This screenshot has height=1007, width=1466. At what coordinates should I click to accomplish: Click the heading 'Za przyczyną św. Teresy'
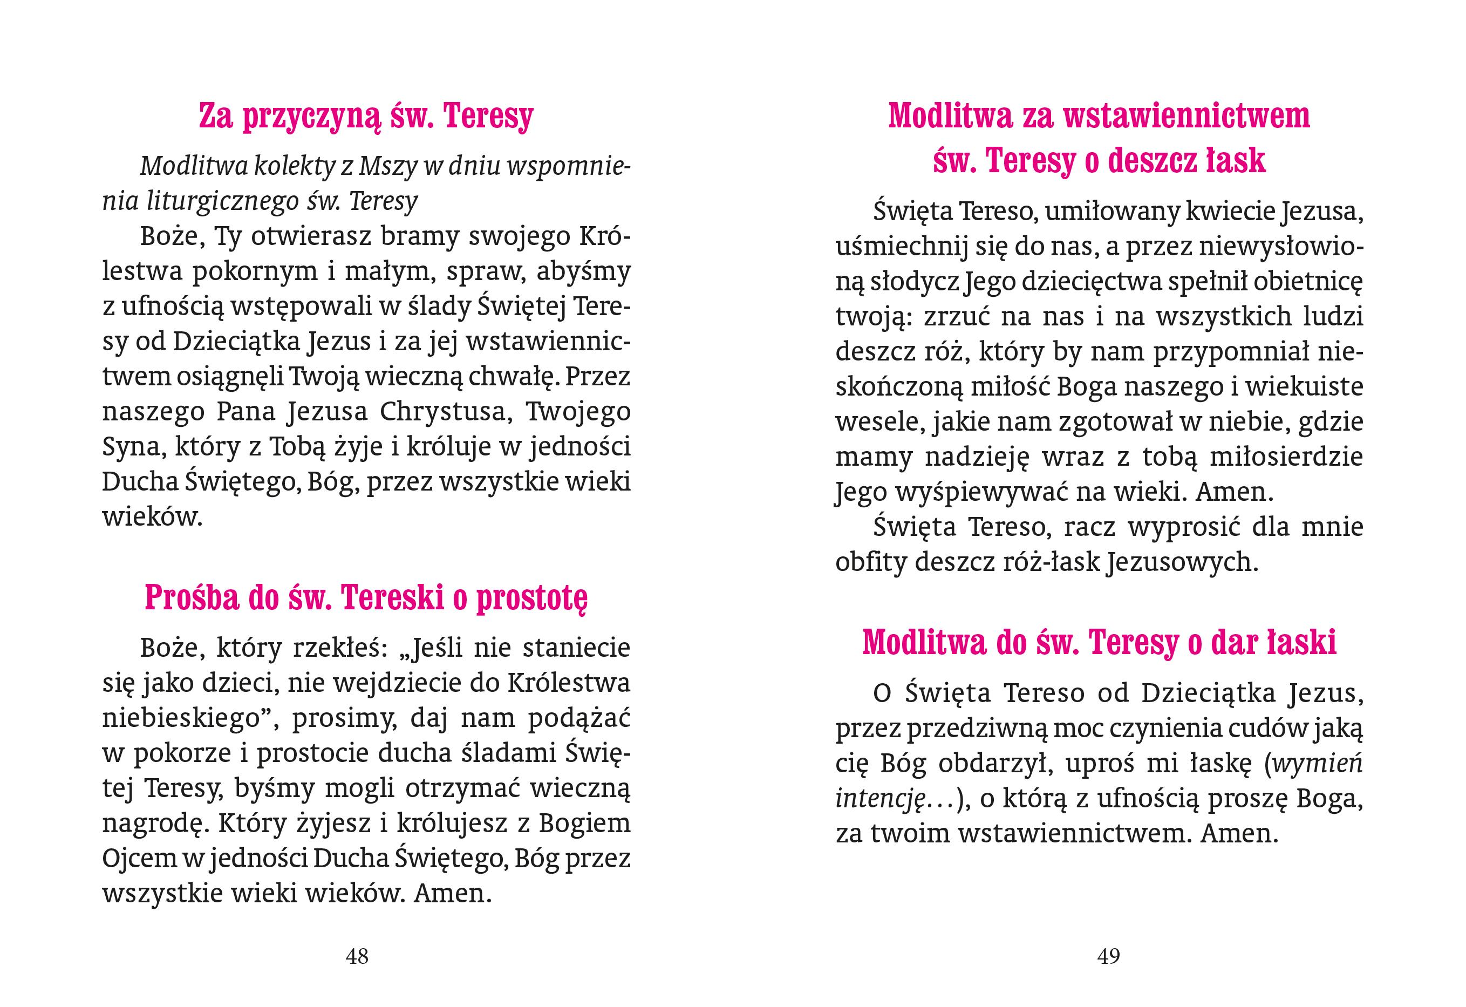366,117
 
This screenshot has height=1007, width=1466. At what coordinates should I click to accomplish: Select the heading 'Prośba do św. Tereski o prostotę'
366,597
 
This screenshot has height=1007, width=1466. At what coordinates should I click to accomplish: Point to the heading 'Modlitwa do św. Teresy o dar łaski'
1100,643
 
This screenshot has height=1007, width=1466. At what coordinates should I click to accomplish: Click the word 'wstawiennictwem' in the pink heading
1187,117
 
